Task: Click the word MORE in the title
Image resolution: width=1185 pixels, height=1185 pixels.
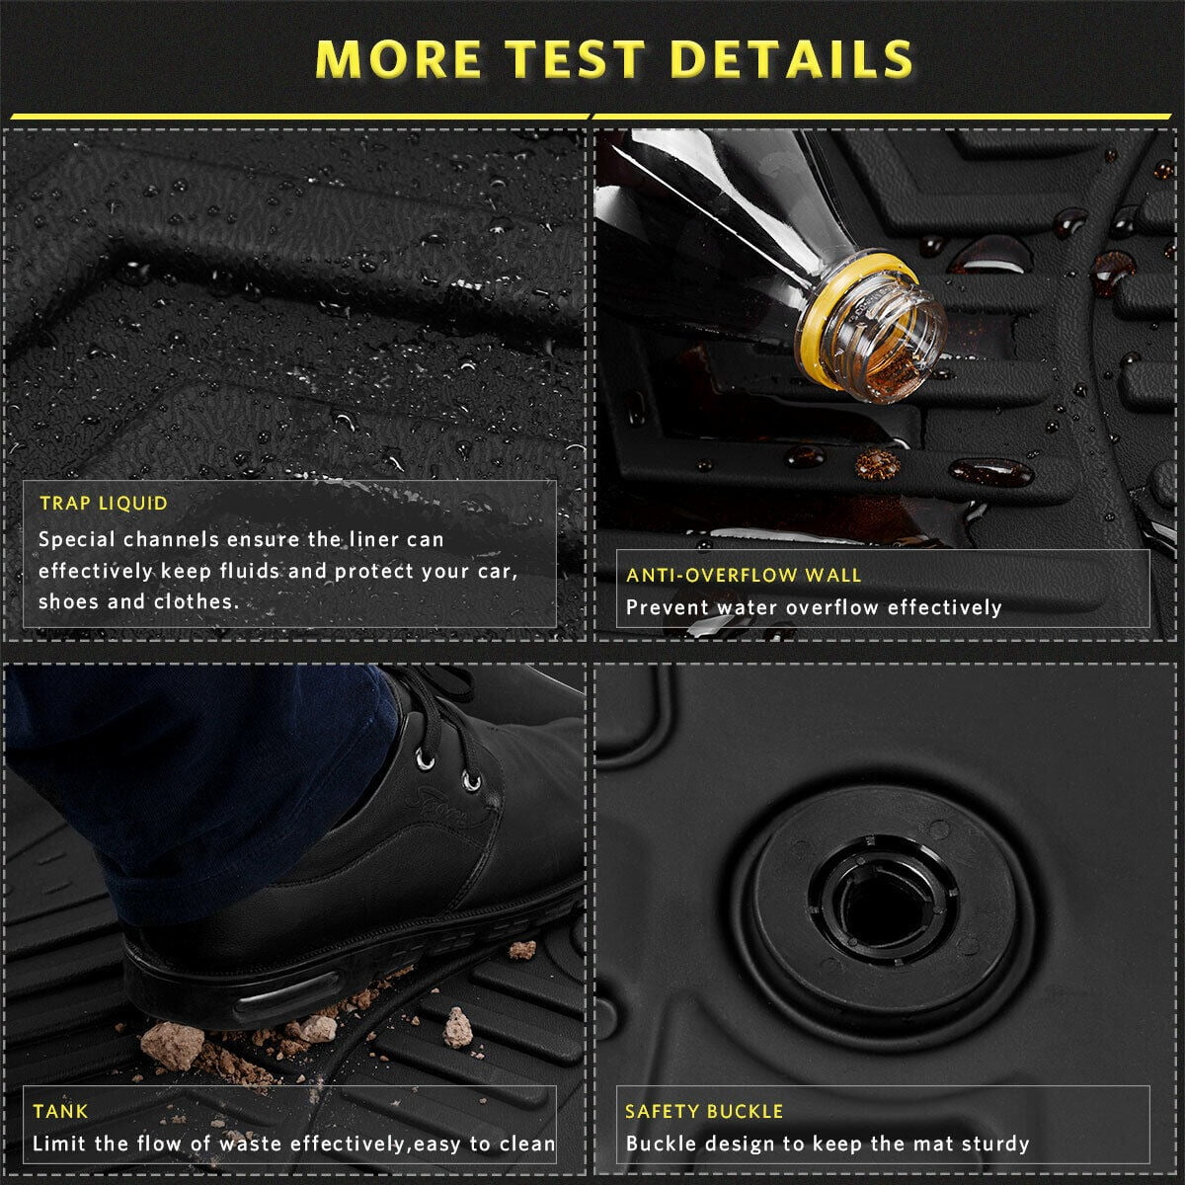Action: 398,59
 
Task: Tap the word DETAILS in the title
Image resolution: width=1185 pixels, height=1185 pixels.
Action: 792,59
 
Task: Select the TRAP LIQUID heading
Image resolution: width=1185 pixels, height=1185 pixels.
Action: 104,503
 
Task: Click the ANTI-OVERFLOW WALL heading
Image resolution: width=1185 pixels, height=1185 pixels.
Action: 744,575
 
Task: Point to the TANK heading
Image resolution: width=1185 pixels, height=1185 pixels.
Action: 60,1111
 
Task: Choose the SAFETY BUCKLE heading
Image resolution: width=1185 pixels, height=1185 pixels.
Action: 704,1111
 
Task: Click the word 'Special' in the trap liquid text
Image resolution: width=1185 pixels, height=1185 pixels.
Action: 77,540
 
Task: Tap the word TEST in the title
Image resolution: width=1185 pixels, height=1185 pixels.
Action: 576,59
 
